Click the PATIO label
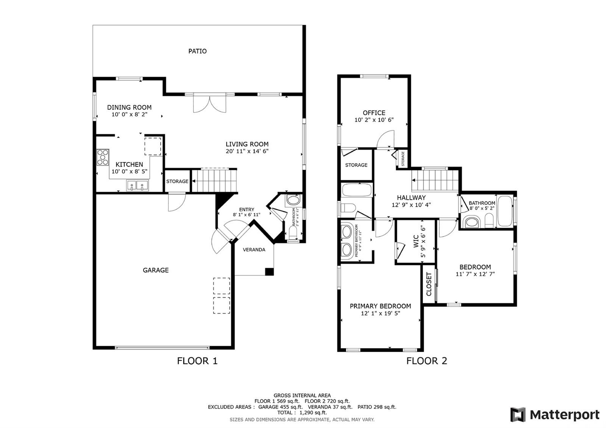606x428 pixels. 197,51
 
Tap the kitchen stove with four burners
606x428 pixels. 103,157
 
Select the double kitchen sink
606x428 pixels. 137,186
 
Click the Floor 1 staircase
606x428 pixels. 214,180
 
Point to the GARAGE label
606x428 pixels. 156,270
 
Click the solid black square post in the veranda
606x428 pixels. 269,271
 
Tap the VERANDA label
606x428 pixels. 254,250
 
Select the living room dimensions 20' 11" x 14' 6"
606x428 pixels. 247,151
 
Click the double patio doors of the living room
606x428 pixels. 210,104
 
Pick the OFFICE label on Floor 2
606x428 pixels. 374,113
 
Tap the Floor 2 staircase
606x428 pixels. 435,180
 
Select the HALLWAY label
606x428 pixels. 411,198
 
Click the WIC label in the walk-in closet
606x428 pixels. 416,241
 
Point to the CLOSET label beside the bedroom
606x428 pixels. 429,284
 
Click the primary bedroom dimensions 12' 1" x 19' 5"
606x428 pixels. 380,313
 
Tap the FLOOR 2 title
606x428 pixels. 426,361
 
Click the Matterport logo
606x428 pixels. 555,414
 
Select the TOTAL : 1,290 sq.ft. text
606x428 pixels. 302,412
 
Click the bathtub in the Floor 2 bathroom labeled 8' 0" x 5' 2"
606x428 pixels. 505,211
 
